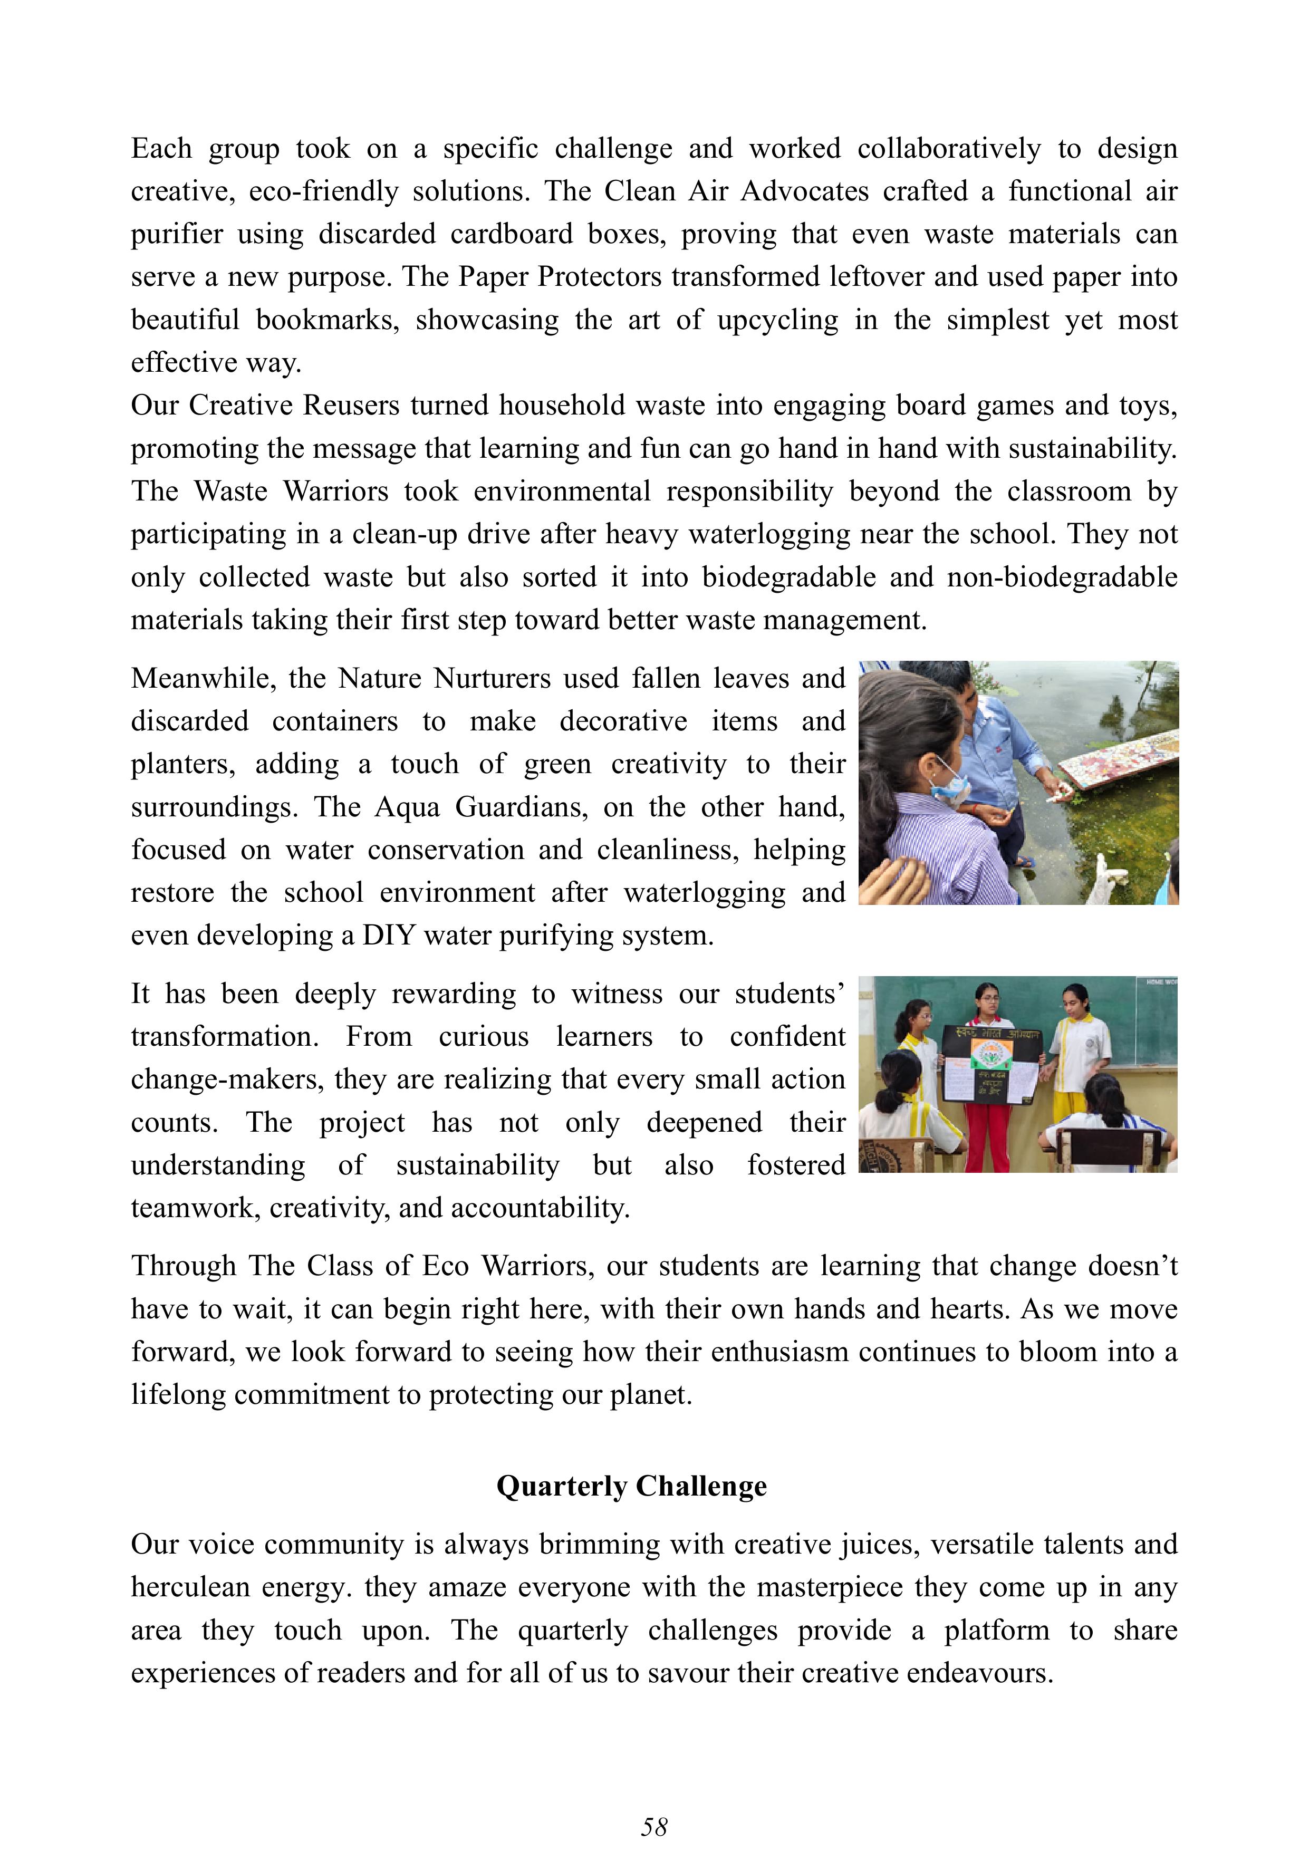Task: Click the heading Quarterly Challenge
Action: [631, 1486]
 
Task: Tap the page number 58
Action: [653, 1826]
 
